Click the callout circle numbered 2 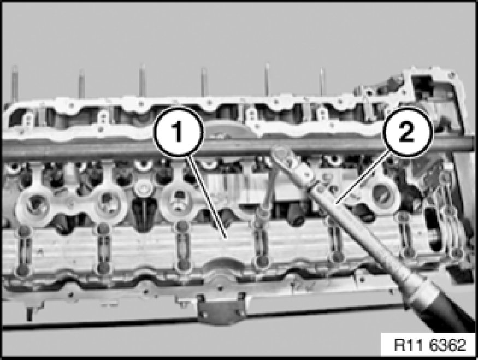pos(408,132)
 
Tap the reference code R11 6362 pos(430,345)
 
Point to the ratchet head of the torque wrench pos(284,156)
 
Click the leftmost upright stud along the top pos(14,82)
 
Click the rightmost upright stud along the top pos(322,81)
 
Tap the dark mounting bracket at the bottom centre pos(221,308)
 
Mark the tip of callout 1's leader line pos(226,238)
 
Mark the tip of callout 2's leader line pos(335,204)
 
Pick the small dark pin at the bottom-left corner pos(29,314)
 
